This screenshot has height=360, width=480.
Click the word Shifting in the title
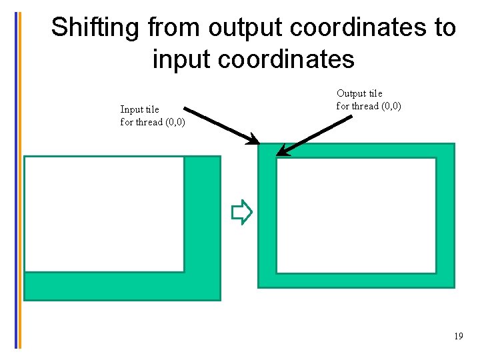95,28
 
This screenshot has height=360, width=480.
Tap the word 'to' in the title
443,28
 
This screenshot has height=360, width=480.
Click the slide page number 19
458,337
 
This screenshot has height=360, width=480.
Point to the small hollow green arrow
241,213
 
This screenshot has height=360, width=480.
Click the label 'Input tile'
139,109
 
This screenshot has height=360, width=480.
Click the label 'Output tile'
359,93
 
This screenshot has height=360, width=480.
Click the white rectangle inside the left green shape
104,214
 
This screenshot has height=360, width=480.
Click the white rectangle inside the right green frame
356,215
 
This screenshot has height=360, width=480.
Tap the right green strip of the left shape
202,214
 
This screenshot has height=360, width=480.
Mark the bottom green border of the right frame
356,281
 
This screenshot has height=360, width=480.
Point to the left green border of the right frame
267,215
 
